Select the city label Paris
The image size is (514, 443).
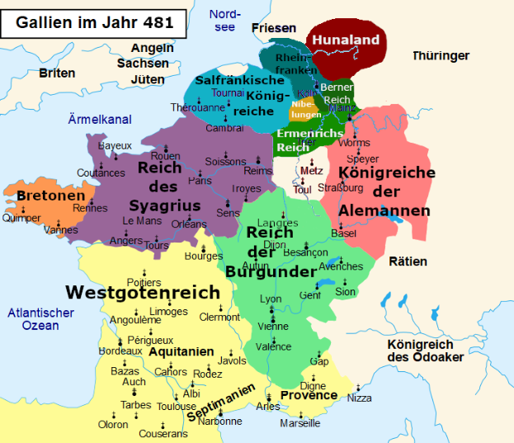200,180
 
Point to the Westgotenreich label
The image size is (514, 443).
143,293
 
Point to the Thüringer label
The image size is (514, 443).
441,56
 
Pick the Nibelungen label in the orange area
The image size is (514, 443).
305,109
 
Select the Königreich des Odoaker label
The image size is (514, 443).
425,351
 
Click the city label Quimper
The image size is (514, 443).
21,219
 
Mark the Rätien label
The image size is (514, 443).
408,262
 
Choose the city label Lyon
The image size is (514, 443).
271,299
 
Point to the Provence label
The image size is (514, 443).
309,395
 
